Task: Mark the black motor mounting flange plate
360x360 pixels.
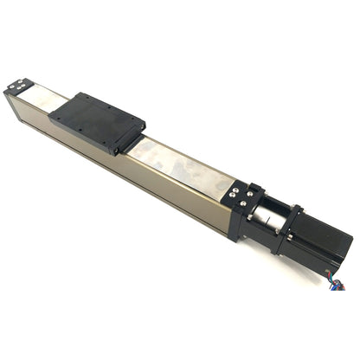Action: pyautogui.click(x=286, y=228)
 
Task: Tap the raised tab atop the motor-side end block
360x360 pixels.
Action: pyautogui.click(x=256, y=187)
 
